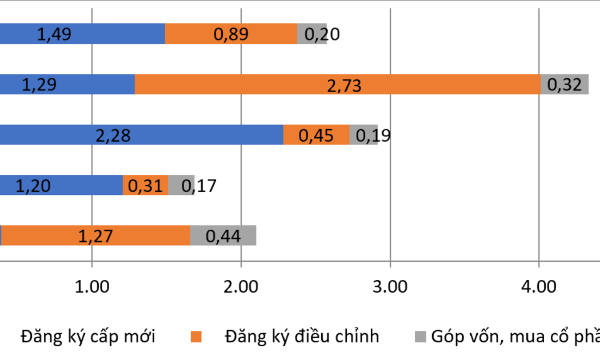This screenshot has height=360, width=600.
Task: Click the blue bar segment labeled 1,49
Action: pyautogui.click(x=82, y=34)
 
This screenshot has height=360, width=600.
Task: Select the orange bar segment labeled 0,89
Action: pyautogui.click(x=231, y=34)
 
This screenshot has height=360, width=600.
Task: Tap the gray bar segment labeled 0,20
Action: pyautogui.click(x=312, y=34)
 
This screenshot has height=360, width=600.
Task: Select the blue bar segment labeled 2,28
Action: pyautogui.click(x=141, y=135)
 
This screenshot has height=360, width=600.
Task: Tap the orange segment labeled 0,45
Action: pyautogui.click(x=316, y=135)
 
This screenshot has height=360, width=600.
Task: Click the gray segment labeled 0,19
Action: pyautogui.click(x=363, y=135)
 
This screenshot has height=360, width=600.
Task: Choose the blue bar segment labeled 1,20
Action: pyautogui.click(x=61, y=185)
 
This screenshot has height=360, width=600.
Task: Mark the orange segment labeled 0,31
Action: pyautogui.click(x=145, y=185)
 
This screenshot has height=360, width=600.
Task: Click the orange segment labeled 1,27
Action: pyautogui.click(x=95, y=235)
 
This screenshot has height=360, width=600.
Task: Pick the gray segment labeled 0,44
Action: pyautogui.click(x=223, y=235)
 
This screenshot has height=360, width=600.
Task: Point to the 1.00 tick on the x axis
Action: pyautogui.click(x=92, y=286)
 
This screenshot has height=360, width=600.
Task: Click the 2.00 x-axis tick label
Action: pyautogui.click(x=241, y=286)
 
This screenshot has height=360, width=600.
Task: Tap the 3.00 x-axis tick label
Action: pyautogui.click(x=390, y=286)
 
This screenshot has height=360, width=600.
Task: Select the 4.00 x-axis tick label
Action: pyautogui.click(x=538, y=286)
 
